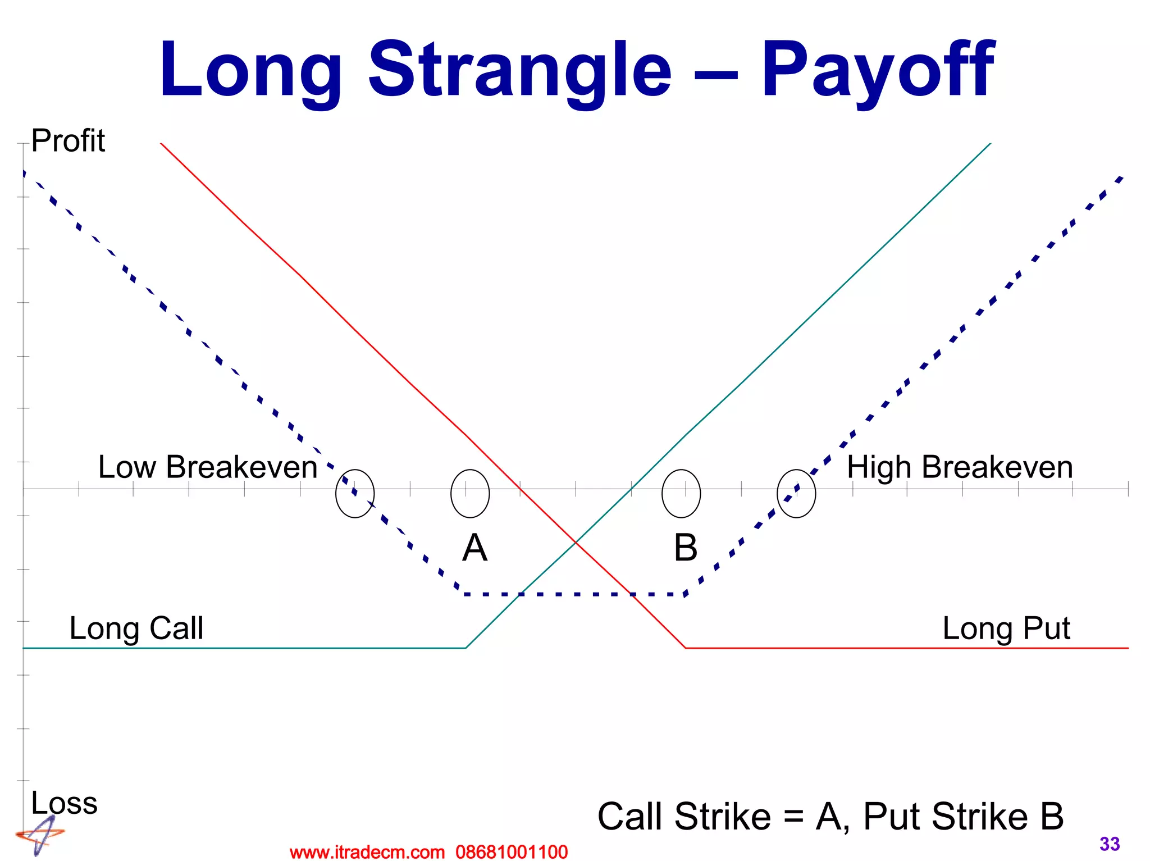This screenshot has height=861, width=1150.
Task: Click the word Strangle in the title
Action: pyautogui.click(x=519, y=70)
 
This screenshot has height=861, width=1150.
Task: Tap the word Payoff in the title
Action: pyautogui.click(x=877, y=70)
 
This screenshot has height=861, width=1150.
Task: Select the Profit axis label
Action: pyautogui.click(x=67, y=140)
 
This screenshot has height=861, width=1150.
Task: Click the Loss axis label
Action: pyautogui.click(x=64, y=803)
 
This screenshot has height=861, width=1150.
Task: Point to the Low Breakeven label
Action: pyautogui.click(x=208, y=467)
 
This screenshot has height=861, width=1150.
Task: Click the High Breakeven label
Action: pyautogui.click(x=959, y=467)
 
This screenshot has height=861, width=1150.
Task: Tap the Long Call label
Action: pyautogui.click(x=136, y=628)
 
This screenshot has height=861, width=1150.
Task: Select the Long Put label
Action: pyautogui.click(x=1006, y=628)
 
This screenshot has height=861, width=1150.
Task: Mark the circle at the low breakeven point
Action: pyautogui.click(x=355, y=493)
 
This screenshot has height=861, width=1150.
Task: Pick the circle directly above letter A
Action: pyautogui.click(x=470, y=493)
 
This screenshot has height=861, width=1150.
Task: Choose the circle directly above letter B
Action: pyautogui.click(x=681, y=493)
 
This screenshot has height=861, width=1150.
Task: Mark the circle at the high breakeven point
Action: pyautogui.click(x=796, y=493)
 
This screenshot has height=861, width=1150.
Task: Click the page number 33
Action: pyautogui.click(x=1110, y=844)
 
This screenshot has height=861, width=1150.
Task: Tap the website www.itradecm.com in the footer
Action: pyautogui.click(x=367, y=852)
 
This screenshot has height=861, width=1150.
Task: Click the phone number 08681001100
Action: pyautogui.click(x=512, y=852)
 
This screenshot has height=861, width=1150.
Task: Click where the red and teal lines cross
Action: pyautogui.click(x=576, y=542)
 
